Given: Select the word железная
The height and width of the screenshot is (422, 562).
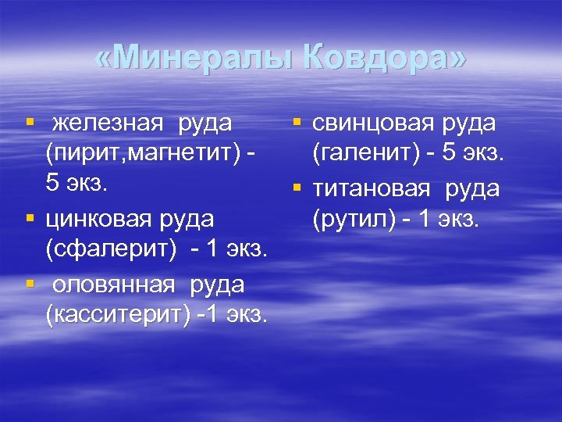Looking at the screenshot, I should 107,123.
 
